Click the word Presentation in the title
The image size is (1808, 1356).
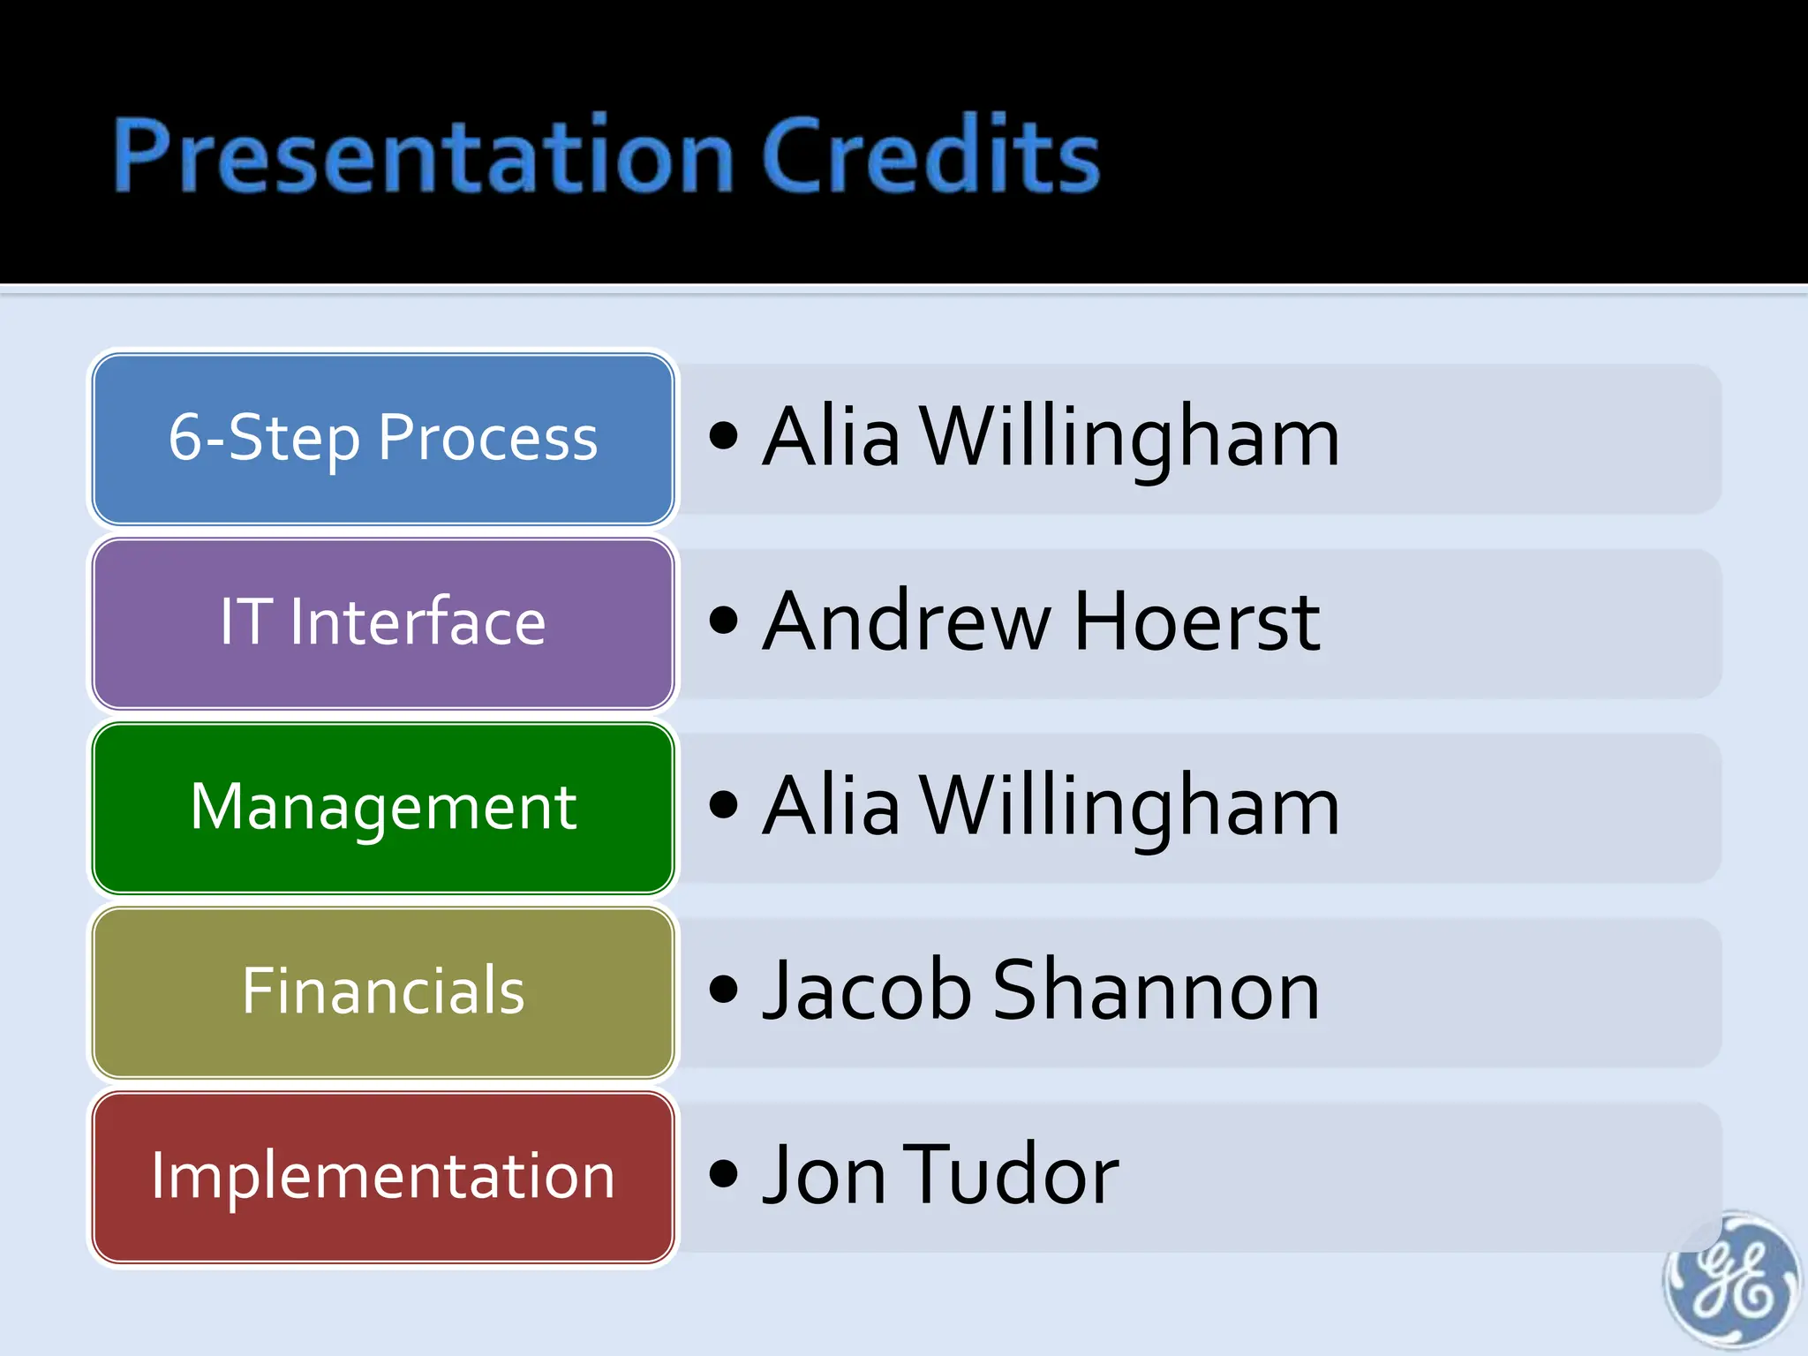pyautogui.click(x=422, y=156)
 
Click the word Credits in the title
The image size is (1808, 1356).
pyautogui.click(x=930, y=156)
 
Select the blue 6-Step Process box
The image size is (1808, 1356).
pyautogui.click(x=383, y=439)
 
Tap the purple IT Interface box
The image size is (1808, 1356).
pyautogui.click(x=383, y=623)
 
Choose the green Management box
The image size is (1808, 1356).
pyautogui.click(x=383, y=808)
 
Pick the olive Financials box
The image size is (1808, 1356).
pyautogui.click(x=383, y=992)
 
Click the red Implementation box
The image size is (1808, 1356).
pyautogui.click(x=383, y=1177)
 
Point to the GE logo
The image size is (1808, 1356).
pyautogui.click(x=1729, y=1281)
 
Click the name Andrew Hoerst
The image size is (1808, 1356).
pyautogui.click(x=1042, y=622)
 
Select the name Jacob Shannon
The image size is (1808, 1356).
pyautogui.click(x=1042, y=991)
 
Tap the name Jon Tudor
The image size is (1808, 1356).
pyautogui.click(x=941, y=1176)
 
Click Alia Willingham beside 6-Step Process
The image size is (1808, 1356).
pyautogui.click(x=1051, y=438)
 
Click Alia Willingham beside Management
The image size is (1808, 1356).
pyautogui.click(x=1051, y=807)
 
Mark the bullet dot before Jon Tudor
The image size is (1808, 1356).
pyautogui.click(x=723, y=1173)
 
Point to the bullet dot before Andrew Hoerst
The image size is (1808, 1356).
pyautogui.click(x=723, y=620)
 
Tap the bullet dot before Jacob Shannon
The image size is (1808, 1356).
pyautogui.click(x=723, y=989)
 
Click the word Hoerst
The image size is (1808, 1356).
pyautogui.click(x=1197, y=622)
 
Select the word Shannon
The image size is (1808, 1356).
pyautogui.click(x=1156, y=991)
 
